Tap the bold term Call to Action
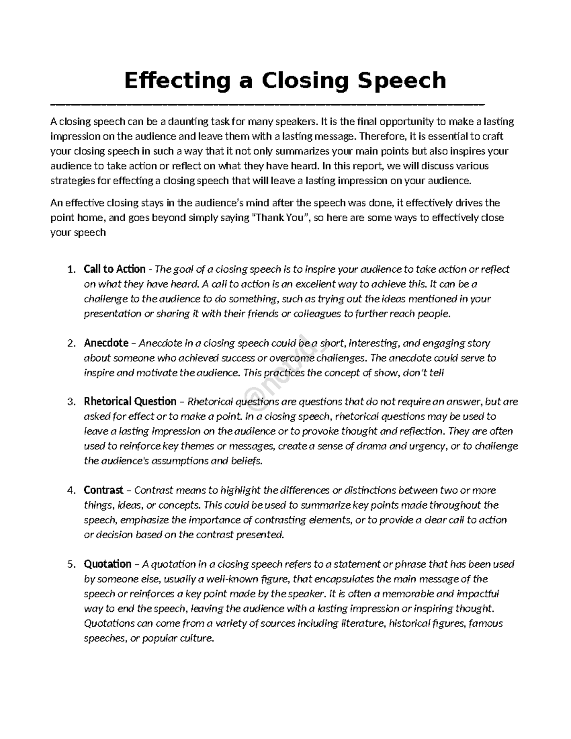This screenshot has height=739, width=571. pyautogui.click(x=114, y=269)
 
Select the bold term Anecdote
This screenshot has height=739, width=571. pyautogui.click(x=106, y=343)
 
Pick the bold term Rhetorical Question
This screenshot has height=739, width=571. pyautogui.click(x=130, y=402)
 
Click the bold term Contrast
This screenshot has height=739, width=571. pyautogui.click(x=103, y=490)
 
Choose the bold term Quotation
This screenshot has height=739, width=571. pyautogui.click(x=107, y=564)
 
